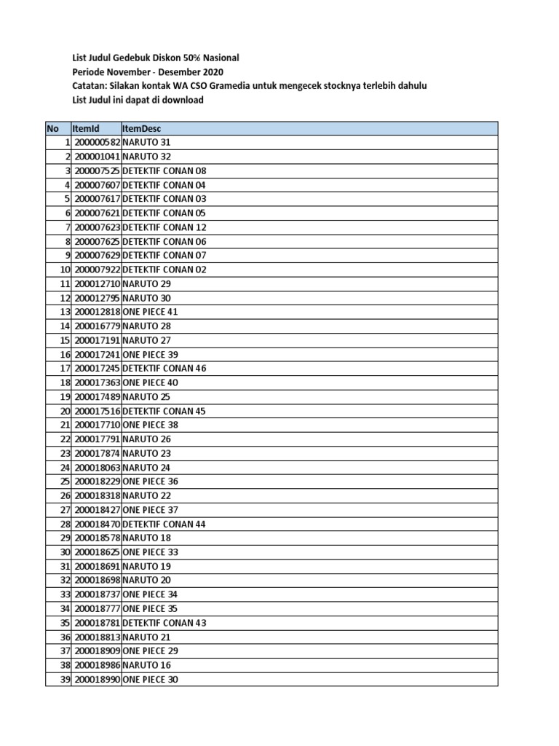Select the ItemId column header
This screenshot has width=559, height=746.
85,128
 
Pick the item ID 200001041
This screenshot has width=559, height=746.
97,157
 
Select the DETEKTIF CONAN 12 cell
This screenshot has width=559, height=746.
164,227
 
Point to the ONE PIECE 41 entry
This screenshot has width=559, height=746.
151,312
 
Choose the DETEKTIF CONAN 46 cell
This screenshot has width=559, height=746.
164,369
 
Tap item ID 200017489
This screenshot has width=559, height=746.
97,397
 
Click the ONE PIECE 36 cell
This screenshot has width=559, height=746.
151,482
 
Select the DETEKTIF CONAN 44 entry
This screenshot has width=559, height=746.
164,524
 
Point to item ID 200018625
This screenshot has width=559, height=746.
97,552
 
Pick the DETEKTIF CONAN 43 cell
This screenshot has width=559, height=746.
164,623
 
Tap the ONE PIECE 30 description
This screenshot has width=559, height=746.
151,680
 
